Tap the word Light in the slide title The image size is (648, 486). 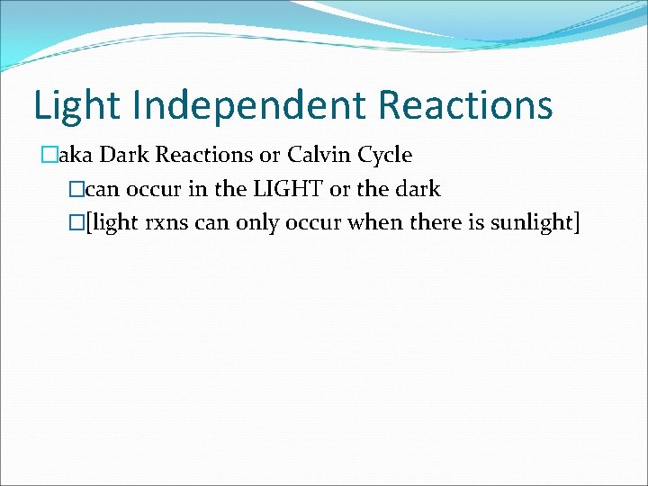(76, 106)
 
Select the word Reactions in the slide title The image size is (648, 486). (464, 106)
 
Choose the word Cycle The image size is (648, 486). (384, 155)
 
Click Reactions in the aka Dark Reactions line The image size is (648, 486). (204, 155)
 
